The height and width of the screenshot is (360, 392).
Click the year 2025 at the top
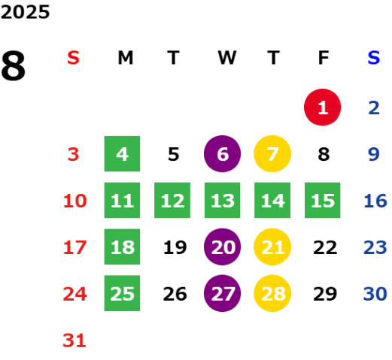[26, 12]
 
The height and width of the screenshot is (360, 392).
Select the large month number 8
[13, 65]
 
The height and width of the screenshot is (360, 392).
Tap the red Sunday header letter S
[73, 58]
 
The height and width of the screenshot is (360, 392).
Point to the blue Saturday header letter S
[374, 58]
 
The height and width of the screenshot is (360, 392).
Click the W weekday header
[227, 58]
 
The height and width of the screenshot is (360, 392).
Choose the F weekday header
[324, 58]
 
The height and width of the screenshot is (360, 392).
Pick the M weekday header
[126, 58]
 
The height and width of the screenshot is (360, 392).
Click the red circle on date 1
[323, 107]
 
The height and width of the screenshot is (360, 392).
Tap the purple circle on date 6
[222, 154]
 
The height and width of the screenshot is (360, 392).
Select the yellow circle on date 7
[272, 154]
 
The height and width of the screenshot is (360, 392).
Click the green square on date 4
[122, 154]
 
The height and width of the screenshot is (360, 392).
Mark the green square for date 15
[323, 200]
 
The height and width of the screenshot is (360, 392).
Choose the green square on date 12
[172, 200]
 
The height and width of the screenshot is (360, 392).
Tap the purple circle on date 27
[222, 293]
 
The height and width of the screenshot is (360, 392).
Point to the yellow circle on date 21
[272, 247]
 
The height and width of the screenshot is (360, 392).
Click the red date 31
[74, 340]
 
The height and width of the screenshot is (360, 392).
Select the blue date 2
[374, 107]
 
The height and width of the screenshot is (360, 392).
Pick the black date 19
[175, 247]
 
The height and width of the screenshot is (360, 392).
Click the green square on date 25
[122, 293]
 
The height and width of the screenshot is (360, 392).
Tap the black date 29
[325, 294]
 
